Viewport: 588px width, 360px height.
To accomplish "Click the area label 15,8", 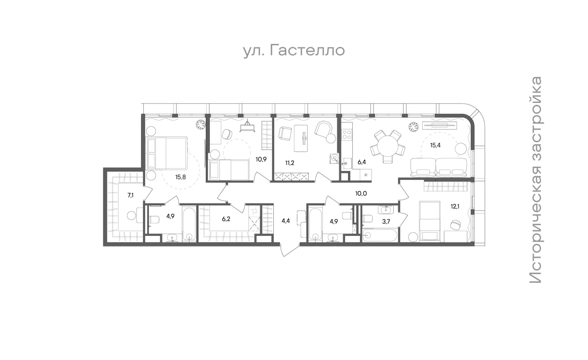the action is click(x=180, y=177).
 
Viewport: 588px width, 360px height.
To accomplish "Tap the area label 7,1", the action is click(x=131, y=195).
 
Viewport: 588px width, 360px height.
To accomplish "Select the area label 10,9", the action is click(x=261, y=159).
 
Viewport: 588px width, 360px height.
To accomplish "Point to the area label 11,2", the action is click(x=290, y=163).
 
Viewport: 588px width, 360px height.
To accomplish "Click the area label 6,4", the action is click(x=362, y=162).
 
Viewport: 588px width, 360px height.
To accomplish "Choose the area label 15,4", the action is click(x=435, y=145).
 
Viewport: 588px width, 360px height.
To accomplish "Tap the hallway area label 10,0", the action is click(x=361, y=193).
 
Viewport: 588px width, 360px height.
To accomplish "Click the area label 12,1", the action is click(x=455, y=206).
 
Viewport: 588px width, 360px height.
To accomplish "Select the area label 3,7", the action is click(x=386, y=222).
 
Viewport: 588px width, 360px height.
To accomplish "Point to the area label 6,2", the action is click(x=226, y=219).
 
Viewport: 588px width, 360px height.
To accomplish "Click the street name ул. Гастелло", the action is click(x=294, y=51).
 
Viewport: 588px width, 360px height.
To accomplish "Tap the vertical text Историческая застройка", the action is click(x=536, y=180).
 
